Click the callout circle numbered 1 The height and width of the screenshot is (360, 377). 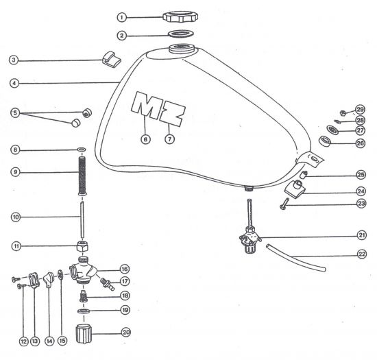click(x=122, y=17)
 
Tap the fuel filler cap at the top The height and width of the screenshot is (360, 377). click(x=180, y=16)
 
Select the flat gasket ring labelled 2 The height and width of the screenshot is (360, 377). click(x=180, y=34)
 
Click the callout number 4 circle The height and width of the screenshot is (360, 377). click(x=14, y=83)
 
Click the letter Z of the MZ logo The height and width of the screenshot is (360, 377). click(x=173, y=115)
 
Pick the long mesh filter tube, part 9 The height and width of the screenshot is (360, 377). click(x=82, y=176)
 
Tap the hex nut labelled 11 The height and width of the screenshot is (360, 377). click(x=82, y=246)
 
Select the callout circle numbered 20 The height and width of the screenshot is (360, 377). click(x=126, y=332)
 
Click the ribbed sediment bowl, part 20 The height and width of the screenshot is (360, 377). click(x=84, y=333)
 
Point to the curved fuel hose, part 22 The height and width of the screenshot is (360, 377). click(x=295, y=258)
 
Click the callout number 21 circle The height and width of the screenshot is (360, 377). click(x=362, y=235)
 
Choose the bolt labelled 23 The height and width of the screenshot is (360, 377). click(x=284, y=204)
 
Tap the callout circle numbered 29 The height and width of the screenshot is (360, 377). click(x=360, y=110)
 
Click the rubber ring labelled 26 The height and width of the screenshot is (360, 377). click(x=325, y=141)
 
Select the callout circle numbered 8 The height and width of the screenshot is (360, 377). click(x=15, y=149)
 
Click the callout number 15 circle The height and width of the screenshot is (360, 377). click(x=62, y=341)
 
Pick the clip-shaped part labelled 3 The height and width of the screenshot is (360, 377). click(x=111, y=59)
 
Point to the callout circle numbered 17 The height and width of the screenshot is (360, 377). click(x=125, y=281)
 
